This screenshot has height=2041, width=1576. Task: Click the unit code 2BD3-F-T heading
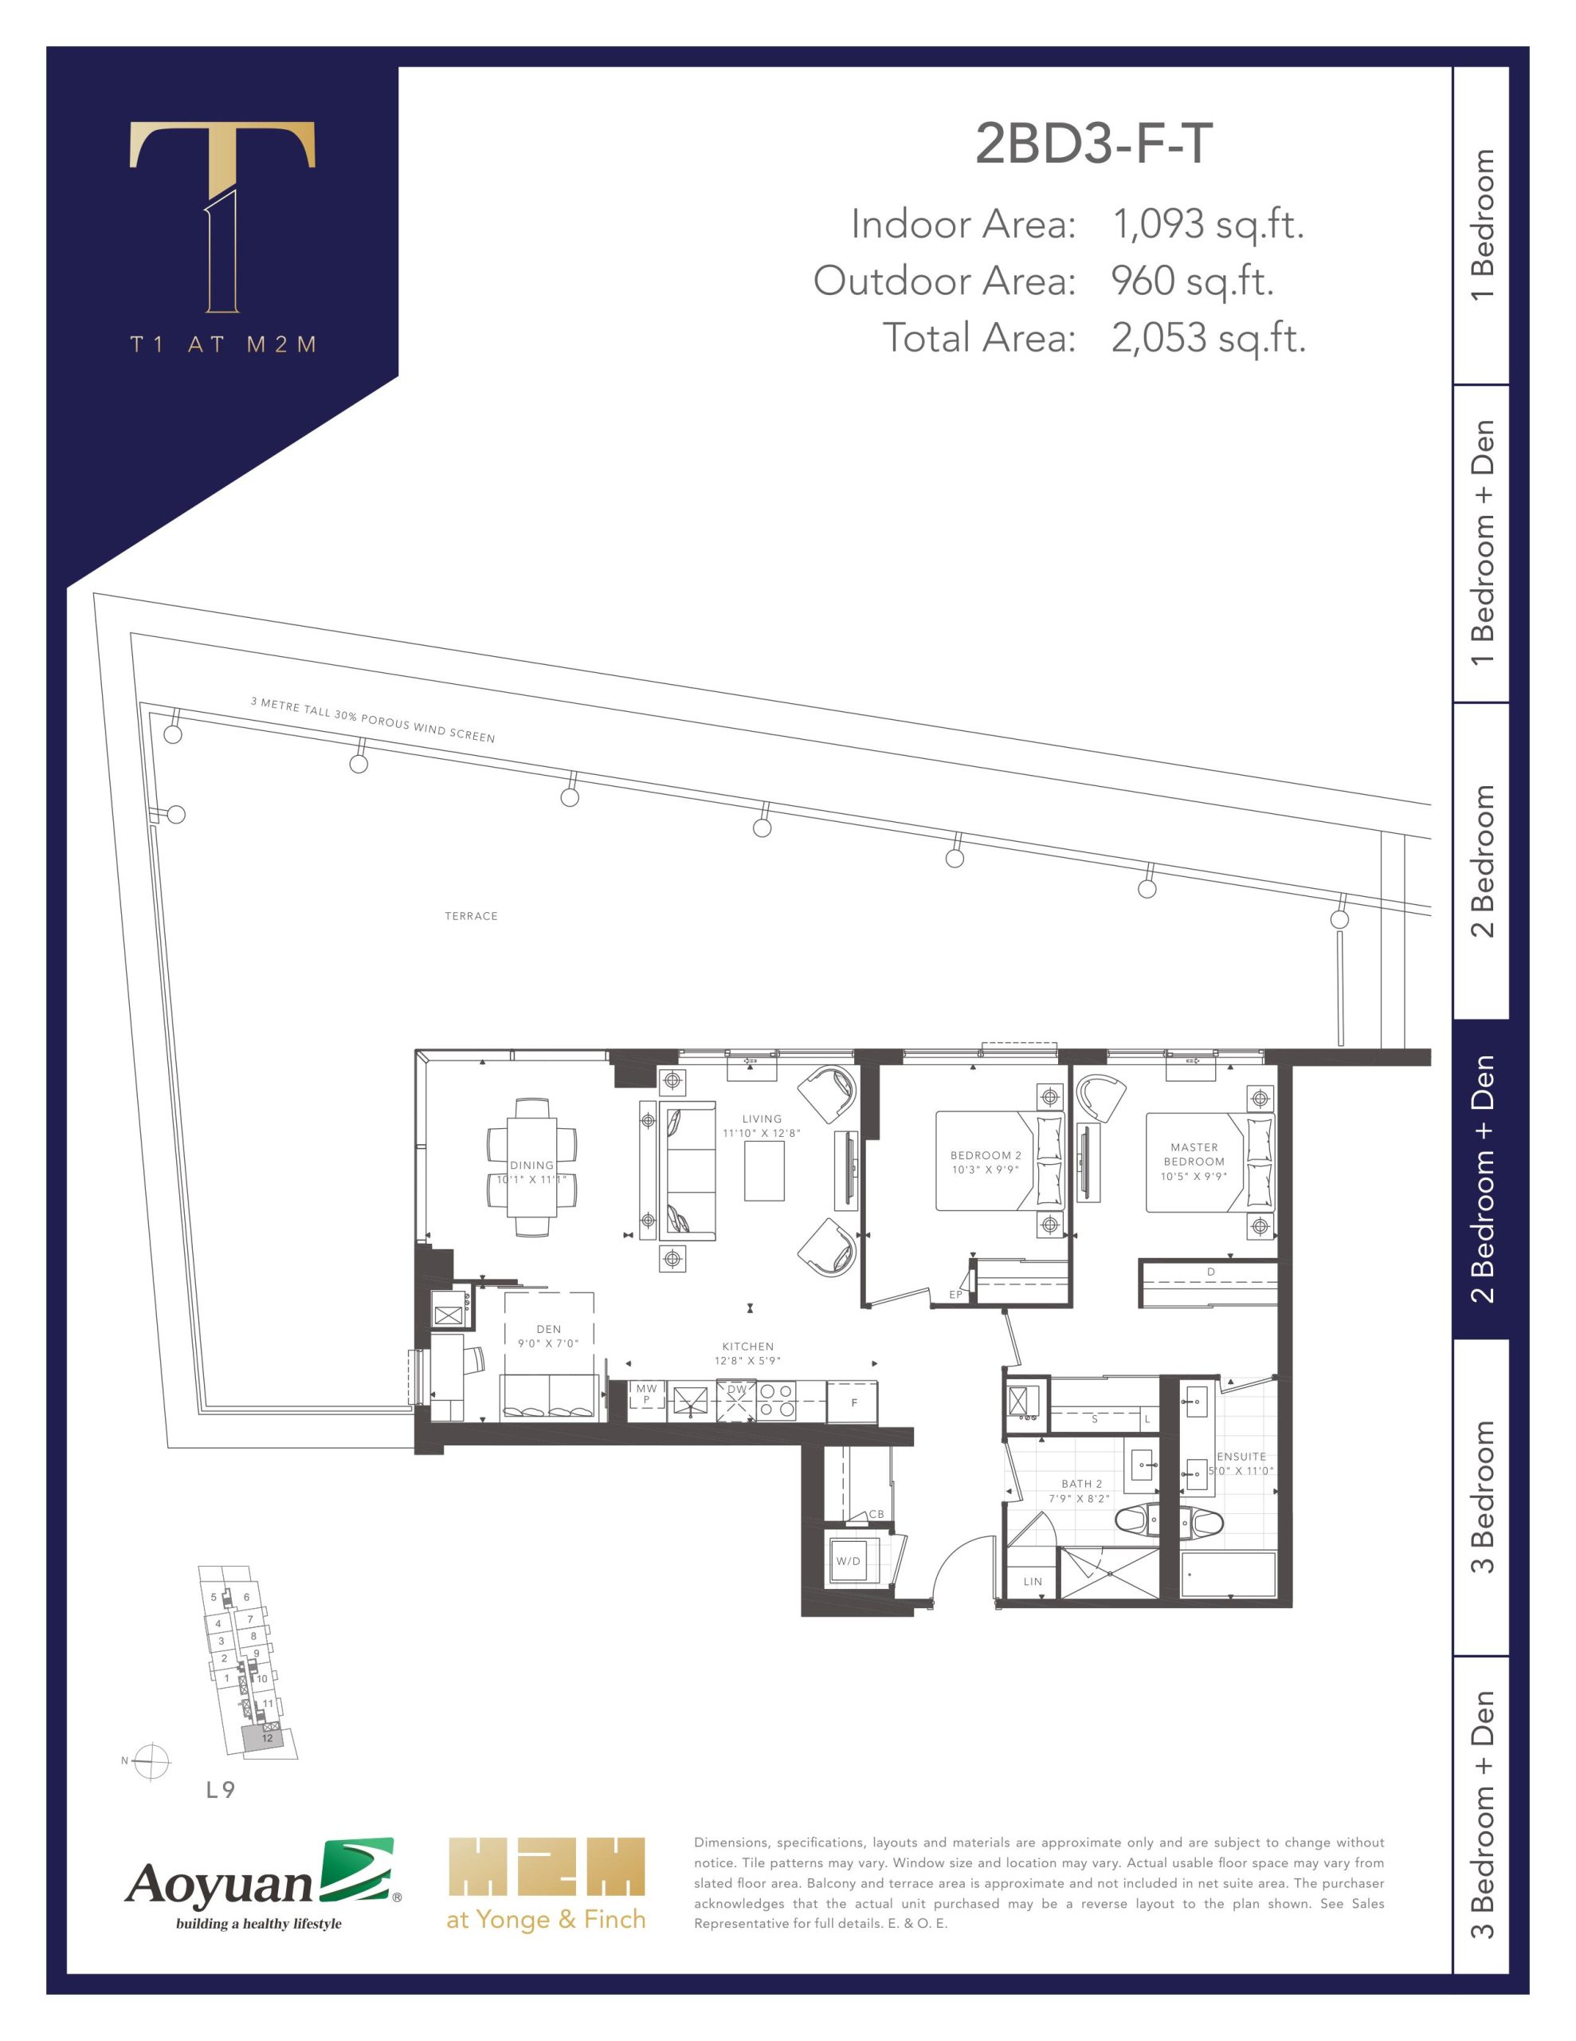pyautogui.click(x=1094, y=144)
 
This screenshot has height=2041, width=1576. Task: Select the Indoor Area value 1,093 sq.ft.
pyautogui.click(x=1207, y=225)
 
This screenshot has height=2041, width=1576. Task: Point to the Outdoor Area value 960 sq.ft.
pyautogui.click(x=1192, y=281)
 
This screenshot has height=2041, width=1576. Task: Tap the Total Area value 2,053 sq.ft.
pyautogui.click(x=1208, y=338)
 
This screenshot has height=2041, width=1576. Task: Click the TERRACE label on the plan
pyautogui.click(x=471, y=916)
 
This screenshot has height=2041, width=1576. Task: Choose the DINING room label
pyautogui.click(x=531, y=1166)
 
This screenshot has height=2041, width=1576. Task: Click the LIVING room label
pyautogui.click(x=763, y=1119)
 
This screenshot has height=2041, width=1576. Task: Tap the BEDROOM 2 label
pyautogui.click(x=986, y=1155)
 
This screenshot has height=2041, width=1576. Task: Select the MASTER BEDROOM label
pyautogui.click(x=1194, y=1154)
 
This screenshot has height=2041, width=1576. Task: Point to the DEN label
pyautogui.click(x=549, y=1329)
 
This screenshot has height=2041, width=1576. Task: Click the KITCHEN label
pyautogui.click(x=747, y=1347)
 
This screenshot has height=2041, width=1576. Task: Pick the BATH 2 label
pyautogui.click(x=1082, y=1484)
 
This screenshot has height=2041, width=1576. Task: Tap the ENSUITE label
pyautogui.click(x=1241, y=1457)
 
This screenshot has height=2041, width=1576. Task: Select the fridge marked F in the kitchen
pyautogui.click(x=854, y=1402)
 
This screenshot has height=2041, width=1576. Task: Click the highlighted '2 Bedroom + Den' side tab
pyautogui.click(x=1482, y=1179)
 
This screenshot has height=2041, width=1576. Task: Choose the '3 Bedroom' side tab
pyautogui.click(x=1482, y=1497)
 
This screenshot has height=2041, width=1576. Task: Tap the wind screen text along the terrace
pyautogui.click(x=373, y=720)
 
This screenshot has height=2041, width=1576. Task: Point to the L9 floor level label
pyautogui.click(x=221, y=1791)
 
